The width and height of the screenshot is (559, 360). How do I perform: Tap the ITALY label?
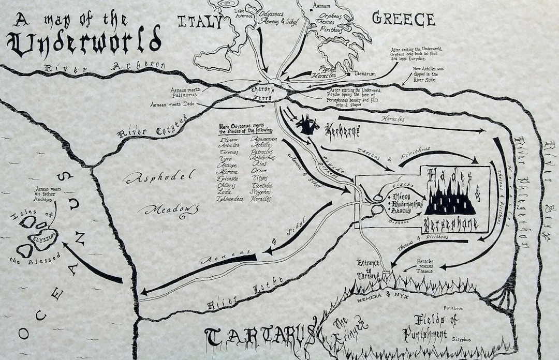(x=200, y=22)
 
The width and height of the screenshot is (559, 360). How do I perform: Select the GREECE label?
(x=404, y=19)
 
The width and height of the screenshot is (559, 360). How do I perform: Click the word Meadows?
(x=171, y=209)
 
